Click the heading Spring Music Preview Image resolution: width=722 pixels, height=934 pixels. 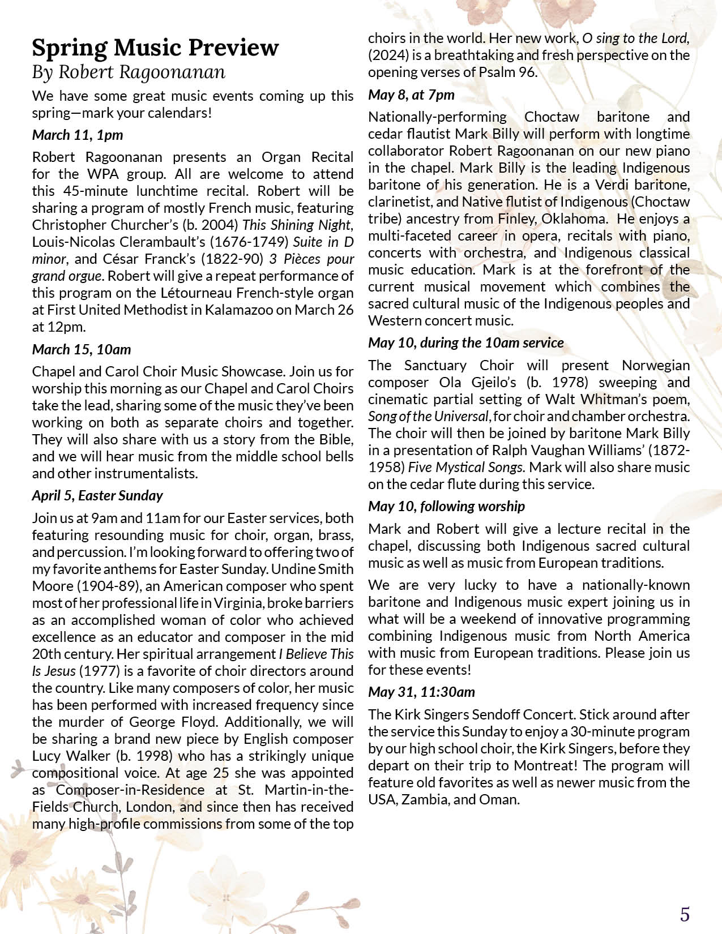click(x=155, y=48)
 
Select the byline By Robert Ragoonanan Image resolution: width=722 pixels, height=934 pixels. click(x=129, y=72)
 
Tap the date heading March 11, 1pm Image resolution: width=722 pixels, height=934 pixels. click(x=78, y=135)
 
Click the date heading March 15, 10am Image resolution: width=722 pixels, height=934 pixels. click(x=82, y=349)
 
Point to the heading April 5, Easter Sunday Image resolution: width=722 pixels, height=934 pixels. click(x=97, y=496)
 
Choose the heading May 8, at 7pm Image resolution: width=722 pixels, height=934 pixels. click(x=411, y=95)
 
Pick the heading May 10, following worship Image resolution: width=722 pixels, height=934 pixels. click(x=446, y=506)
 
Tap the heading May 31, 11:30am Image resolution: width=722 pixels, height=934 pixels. click(x=421, y=692)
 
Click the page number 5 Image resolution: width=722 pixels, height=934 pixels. click(x=685, y=899)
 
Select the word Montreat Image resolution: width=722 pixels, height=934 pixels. click(x=544, y=765)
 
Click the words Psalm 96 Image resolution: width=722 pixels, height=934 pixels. click(x=506, y=72)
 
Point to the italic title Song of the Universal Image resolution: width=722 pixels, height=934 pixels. click(x=428, y=417)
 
